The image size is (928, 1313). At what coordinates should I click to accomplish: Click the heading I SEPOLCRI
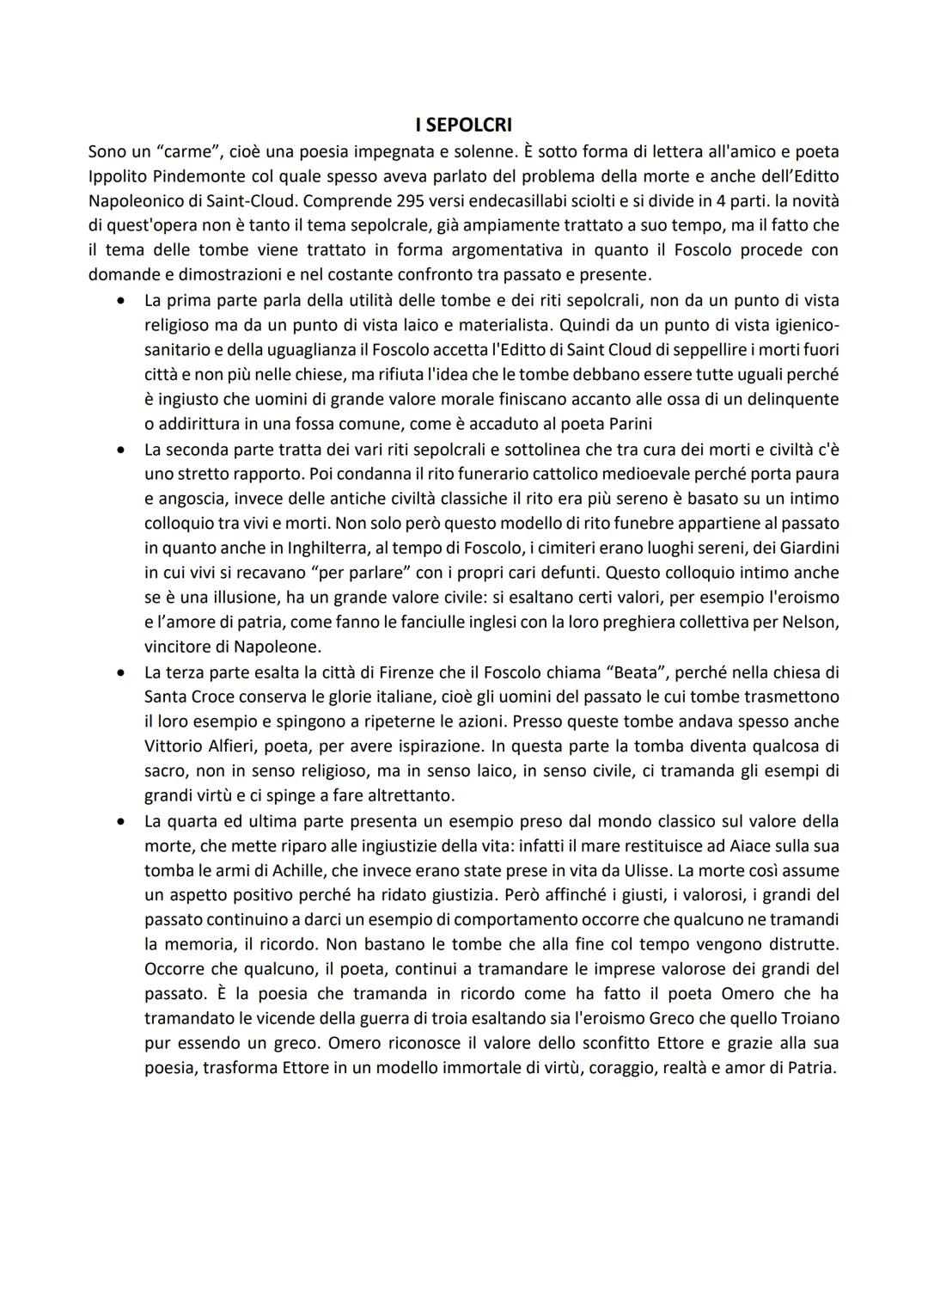tap(463, 126)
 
